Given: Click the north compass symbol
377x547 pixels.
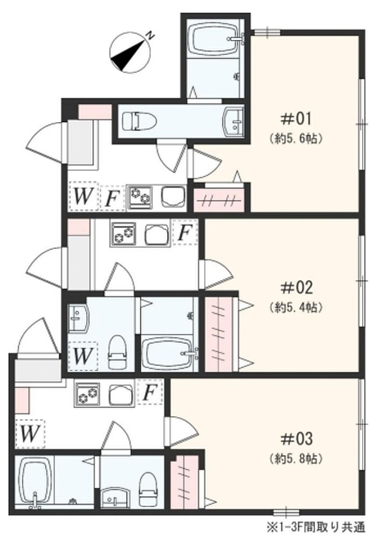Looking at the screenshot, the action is point(130,52).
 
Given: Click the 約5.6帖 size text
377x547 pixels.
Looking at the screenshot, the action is point(296,139).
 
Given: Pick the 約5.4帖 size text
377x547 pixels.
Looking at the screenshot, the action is point(296,307).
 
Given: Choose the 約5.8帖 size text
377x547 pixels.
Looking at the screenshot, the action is point(296,459).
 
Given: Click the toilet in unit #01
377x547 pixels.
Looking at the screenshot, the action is point(139,121).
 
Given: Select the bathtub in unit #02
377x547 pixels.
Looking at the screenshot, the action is point(169,353).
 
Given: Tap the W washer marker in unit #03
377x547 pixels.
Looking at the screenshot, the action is point(30,434).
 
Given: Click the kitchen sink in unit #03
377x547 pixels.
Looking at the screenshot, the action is point(121,395).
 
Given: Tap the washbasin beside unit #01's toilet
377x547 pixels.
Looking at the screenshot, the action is point(233,121).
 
